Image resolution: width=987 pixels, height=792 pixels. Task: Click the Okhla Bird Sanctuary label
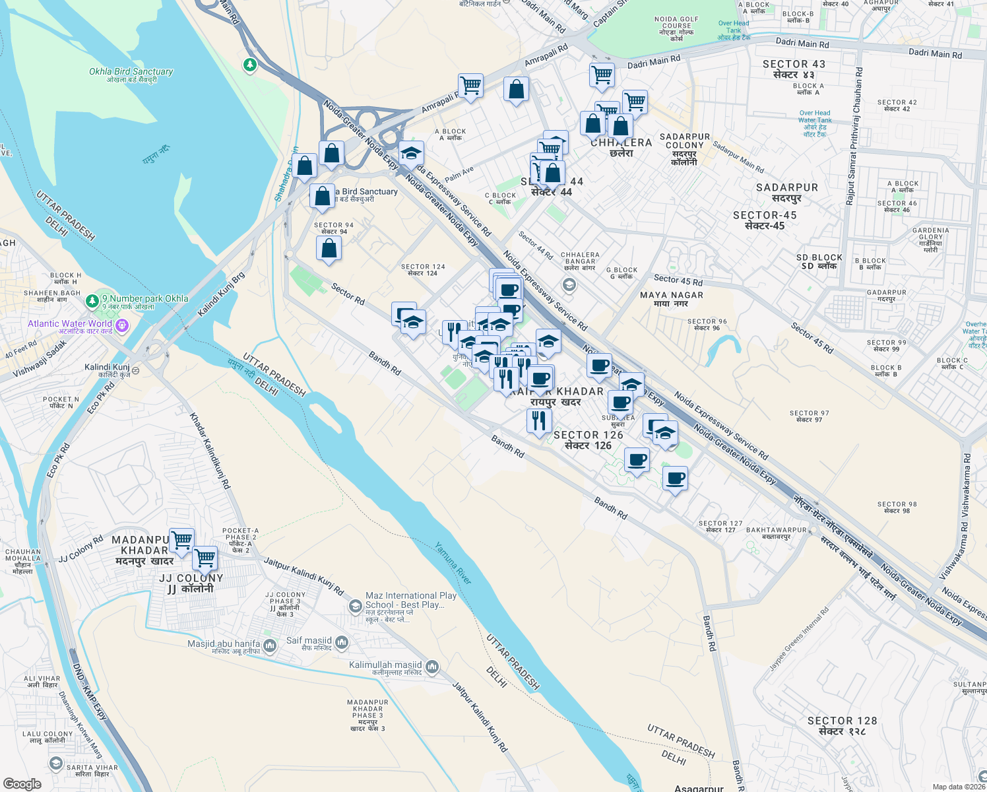(131, 75)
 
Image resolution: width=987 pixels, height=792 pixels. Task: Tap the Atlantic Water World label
(70, 324)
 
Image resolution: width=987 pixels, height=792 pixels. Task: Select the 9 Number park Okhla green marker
(92, 302)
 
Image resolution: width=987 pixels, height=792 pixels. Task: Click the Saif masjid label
(309, 641)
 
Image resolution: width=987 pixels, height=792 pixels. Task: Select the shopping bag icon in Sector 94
(329, 249)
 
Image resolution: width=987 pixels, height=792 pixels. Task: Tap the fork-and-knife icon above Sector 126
(539, 420)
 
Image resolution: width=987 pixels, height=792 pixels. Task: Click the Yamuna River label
(453, 563)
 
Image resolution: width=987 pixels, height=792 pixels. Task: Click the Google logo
(22, 783)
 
